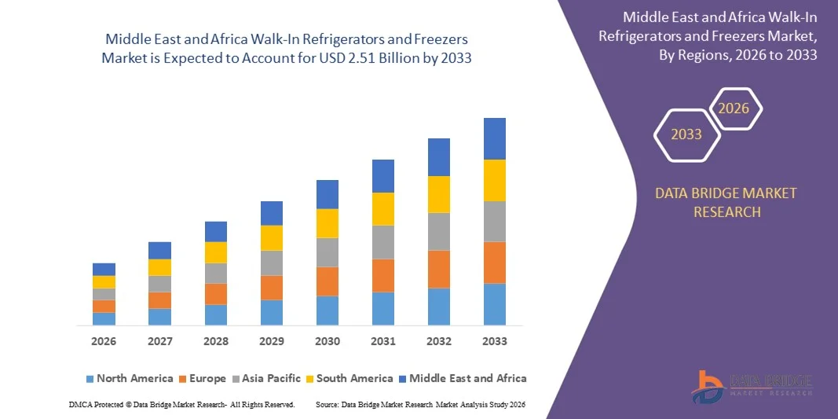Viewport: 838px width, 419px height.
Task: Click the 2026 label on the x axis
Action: [x=104, y=342]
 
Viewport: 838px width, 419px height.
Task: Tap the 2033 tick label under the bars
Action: [x=495, y=342]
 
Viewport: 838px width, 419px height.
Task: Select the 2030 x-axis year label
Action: [x=328, y=342]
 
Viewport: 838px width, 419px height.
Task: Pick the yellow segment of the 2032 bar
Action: [x=439, y=194]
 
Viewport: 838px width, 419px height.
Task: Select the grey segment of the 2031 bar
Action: [x=383, y=242]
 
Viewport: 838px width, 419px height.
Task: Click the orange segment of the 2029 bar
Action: [x=272, y=288]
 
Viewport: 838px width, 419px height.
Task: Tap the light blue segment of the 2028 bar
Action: [x=216, y=314]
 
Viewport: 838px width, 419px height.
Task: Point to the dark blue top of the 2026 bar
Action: [x=104, y=269]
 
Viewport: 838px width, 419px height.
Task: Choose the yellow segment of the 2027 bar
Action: [x=159, y=267]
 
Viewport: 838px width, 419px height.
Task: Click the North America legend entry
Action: [x=129, y=378]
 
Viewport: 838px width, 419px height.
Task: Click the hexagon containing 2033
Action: [x=686, y=134]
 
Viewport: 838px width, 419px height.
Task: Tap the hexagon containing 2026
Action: [x=734, y=108]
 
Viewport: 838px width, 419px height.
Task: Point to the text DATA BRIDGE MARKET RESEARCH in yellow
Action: [x=726, y=202]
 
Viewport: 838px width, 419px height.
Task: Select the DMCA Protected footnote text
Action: [x=181, y=404]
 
